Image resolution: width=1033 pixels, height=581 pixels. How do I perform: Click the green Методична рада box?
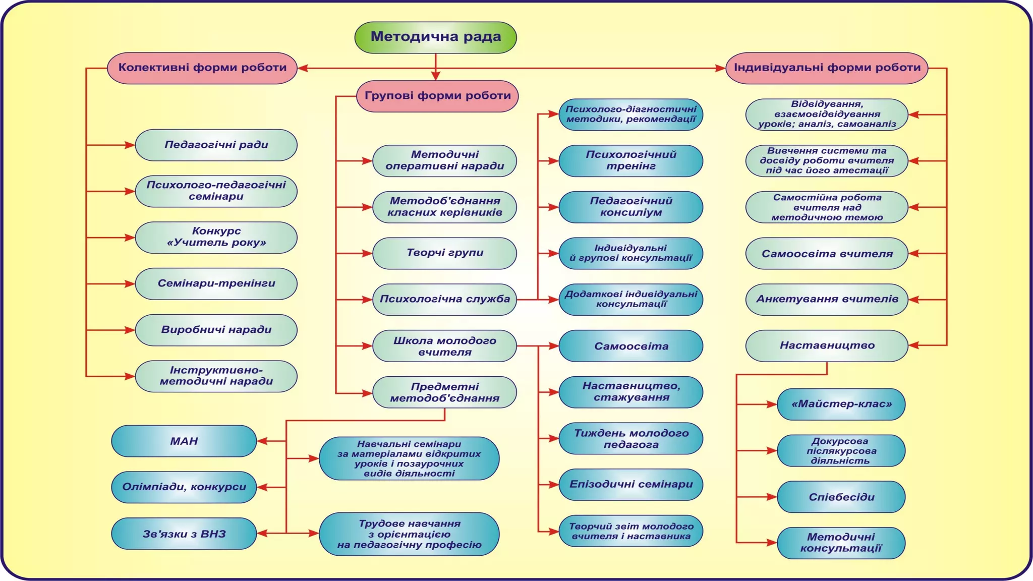pyautogui.click(x=435, y=37)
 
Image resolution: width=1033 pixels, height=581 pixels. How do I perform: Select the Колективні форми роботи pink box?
pyautogui.click(x=202, y=68)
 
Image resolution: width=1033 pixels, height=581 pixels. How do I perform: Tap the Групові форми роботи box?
pyautogui.click(x=437, y=96)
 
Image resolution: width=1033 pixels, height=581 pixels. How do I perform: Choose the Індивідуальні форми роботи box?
pyautogui.click(x=827, y=68)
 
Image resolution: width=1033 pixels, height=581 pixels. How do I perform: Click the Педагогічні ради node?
pyautogui.click(x=216, y=145)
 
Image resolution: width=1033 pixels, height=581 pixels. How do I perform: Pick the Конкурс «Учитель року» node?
pyautogui.click(x=216, y=238)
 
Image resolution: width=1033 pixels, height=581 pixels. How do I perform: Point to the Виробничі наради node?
pyautogui.click(x=216, y=330)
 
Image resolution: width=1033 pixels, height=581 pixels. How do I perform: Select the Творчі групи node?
pyautogui.click(x=444, y=253)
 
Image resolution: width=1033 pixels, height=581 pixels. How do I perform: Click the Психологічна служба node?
pyautogui.click(x=444, y=300)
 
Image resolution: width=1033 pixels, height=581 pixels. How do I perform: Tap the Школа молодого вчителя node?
pyautogui.click(x=444, y=346)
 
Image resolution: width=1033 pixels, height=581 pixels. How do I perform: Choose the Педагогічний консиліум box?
pyautogui.click(x=630, y=207)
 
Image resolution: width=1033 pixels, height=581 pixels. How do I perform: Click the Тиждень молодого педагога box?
pyautogui.click(x=630, y=439)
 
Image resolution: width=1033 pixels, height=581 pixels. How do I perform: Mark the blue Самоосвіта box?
pyautogui.click(x=630, y=346)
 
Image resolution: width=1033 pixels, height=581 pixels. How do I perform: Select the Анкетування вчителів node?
pyautogui.click(x=827, y=300)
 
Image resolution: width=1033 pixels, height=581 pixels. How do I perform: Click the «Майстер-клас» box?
pyautogui.click(x=841, y=404)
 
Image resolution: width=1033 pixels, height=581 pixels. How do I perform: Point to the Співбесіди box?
pyautogui.click(x=841, y=497)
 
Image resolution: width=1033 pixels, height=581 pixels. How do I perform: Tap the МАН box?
pyautogui.click(x=184, y=441)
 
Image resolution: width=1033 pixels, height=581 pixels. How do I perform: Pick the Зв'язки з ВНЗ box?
pyautogui.click(x=184, y=534)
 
